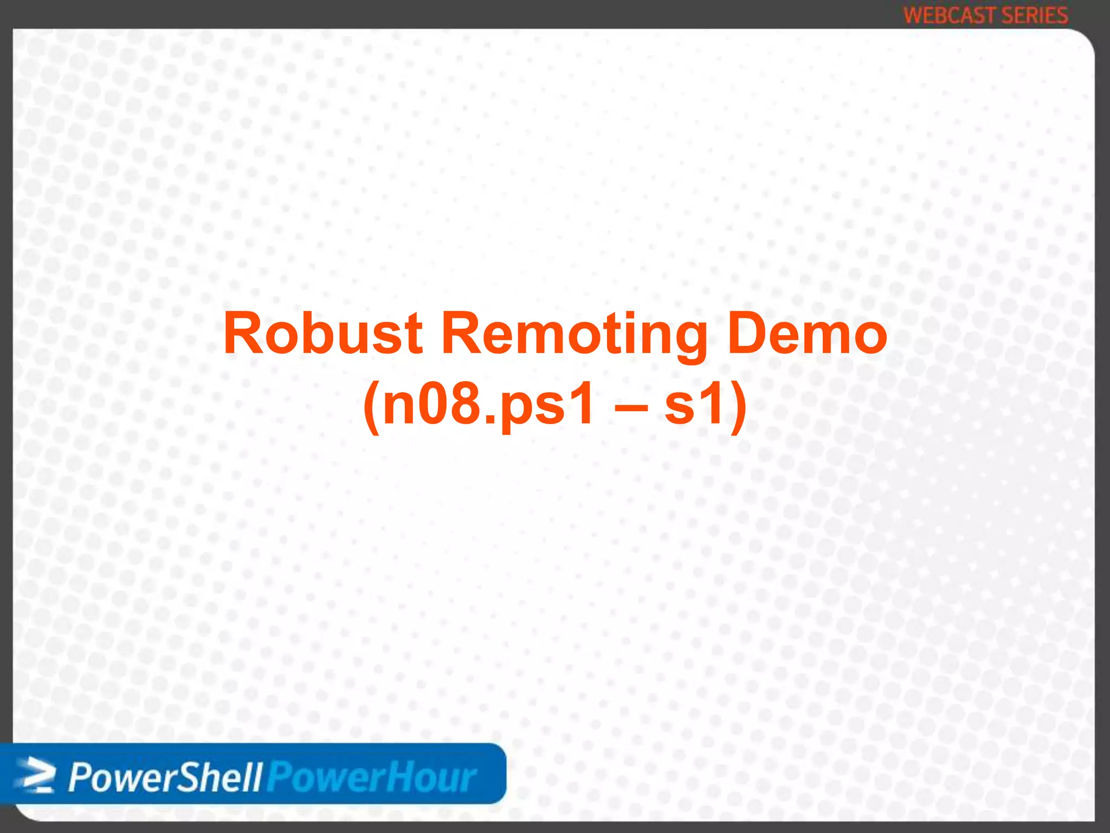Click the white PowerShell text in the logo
165,778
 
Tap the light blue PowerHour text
372,778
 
